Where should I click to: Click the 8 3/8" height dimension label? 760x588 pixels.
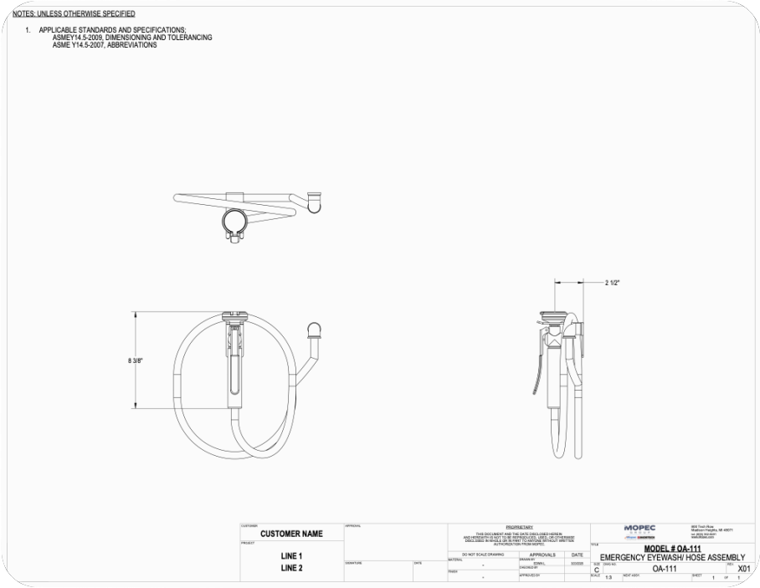tap(136, 360)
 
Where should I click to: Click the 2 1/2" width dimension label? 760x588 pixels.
tap(613, 283)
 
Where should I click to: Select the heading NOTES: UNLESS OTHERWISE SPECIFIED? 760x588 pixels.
tap(74, 14)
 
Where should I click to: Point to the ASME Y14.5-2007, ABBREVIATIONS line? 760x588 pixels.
tap(105, 45)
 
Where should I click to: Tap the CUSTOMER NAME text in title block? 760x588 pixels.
tap(291, 534)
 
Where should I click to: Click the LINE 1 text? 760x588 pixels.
tap(291, 555)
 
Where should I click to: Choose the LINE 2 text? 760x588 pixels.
tap(291, 568)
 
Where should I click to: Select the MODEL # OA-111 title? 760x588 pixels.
tap(672, 549)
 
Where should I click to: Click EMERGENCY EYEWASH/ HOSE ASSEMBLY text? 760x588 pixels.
tap(672, 557)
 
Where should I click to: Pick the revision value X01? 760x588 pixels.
tap(743, 569)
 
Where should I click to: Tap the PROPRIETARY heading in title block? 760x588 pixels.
tap(519, 527)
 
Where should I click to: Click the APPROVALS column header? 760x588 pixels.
tap(542, 555)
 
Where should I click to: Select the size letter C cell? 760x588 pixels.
tap(597, 570)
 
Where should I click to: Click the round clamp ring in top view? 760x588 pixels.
tap(234, 221)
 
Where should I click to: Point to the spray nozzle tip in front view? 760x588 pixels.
tap(315, 328)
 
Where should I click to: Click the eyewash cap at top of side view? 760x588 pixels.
tap(553, 315)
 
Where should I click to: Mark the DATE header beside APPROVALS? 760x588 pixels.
tap(578, 555)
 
